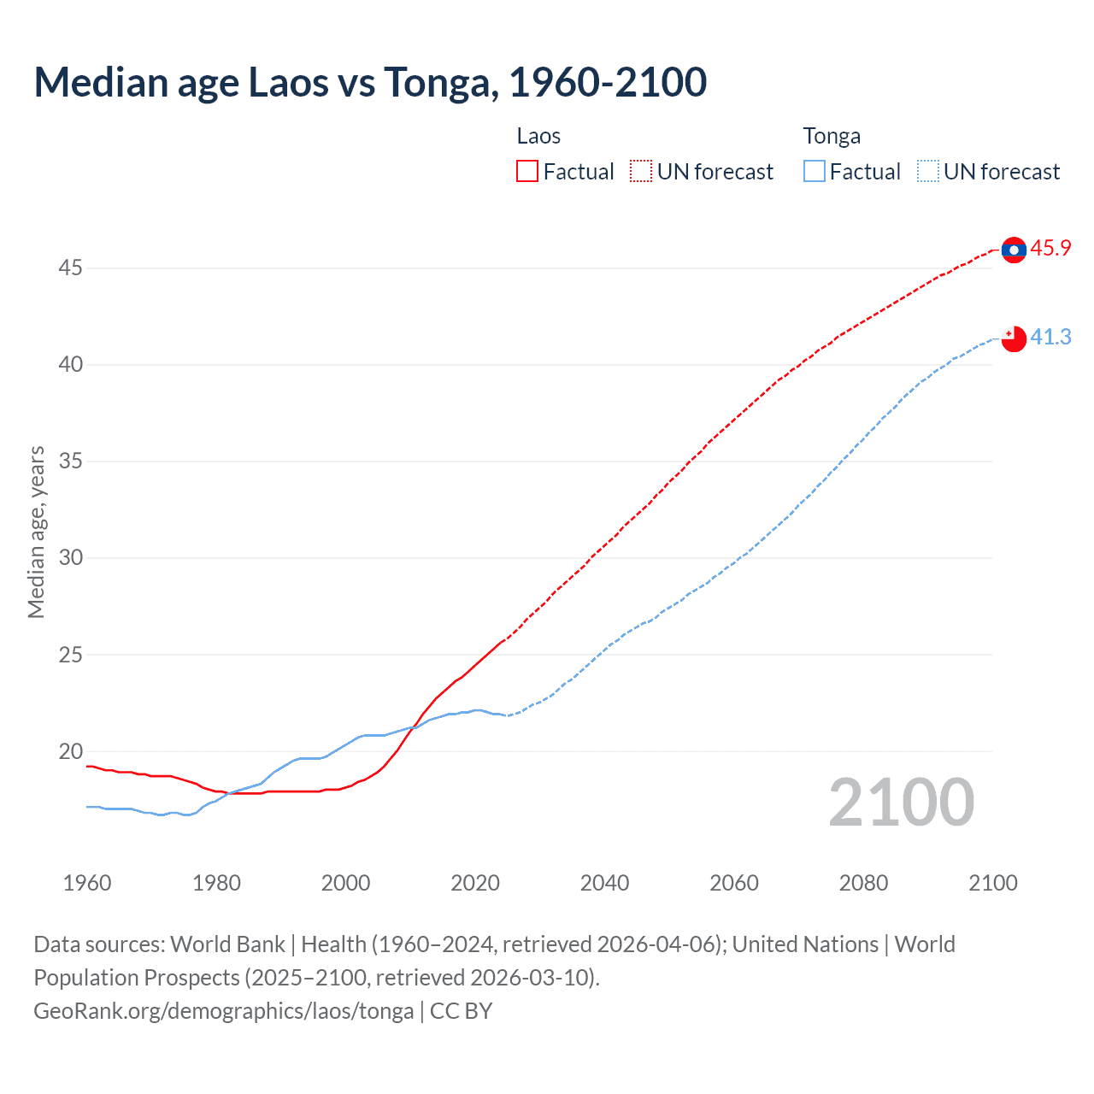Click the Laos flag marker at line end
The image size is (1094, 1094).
(1014, 250)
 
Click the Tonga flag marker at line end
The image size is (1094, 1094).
(1014, 338)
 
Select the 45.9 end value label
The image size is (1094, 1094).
(1050, 249)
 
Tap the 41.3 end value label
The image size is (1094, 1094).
(1050, 338)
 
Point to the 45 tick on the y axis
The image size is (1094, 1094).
(70, 268)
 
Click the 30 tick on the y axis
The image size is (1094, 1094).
(70, 558)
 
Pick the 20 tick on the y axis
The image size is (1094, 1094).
(70, 752)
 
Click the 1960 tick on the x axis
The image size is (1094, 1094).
(87, 883)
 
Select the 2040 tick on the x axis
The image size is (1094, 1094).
(604, 883)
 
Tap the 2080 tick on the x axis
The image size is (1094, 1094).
(863, 883)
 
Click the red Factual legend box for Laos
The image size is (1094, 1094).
(527, 172)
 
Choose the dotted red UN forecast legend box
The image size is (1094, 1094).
(641, 172)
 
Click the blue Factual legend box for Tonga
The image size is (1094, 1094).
(814, 172)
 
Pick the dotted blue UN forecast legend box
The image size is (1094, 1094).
(927, 172)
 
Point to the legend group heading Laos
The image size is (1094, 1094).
(538, 137)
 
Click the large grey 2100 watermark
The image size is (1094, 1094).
(901, 803)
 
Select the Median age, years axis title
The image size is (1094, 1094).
(36, 532)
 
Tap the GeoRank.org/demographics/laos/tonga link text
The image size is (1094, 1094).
(223, 1011)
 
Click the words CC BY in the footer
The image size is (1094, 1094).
(462, 1011)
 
